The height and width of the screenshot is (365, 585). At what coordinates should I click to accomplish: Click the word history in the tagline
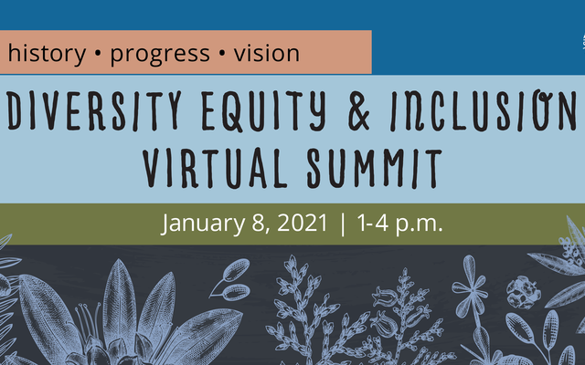(47, 54)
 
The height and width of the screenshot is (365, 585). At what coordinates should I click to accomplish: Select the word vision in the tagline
(267, 53)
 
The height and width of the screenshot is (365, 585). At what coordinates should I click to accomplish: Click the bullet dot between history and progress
(98, 54)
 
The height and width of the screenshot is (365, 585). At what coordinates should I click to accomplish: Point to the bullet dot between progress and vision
(222, 54)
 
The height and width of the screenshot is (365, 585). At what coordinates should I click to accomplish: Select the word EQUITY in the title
(264, 111)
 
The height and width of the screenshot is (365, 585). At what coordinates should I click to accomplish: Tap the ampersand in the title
(358, 111)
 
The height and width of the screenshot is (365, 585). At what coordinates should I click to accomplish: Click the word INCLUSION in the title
(484, 110)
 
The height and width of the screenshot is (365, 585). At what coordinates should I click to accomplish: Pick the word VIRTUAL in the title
(215, 168)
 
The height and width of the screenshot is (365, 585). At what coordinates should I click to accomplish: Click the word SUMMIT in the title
(375, 168)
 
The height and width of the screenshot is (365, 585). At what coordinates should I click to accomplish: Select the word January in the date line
(203, 224)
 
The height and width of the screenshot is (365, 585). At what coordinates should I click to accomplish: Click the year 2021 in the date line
(303, 223)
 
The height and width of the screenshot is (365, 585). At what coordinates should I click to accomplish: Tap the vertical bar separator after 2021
(343, 224)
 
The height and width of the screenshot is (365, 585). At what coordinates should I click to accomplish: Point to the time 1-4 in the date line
(373, 223)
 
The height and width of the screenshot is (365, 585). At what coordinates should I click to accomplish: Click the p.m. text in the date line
(420, 224)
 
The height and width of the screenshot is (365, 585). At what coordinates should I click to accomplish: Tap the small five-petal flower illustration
(471, 284)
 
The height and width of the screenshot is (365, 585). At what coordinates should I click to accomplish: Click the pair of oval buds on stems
(230, 280)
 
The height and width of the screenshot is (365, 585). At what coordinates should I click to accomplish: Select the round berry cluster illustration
(524, 292)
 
